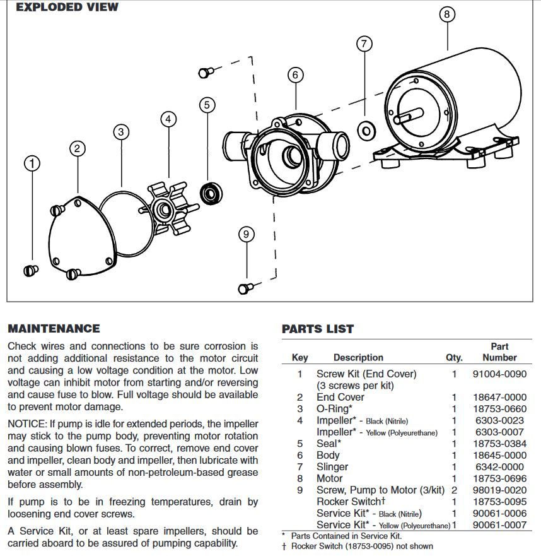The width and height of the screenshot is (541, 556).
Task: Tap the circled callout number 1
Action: click(32, 163)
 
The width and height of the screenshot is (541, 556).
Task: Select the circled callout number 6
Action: click(295, 74)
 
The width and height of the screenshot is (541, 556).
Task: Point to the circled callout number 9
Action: click(246, 235)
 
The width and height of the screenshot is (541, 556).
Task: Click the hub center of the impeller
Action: click(167, 208)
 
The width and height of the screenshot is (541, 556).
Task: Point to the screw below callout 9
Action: click(245, 288)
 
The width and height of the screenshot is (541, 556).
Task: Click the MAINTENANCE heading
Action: click(54, 329)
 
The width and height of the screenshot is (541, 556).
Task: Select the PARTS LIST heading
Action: click(318, 329)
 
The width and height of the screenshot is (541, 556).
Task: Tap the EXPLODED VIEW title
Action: click(67, 8)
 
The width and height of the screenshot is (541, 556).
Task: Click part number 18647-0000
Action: click(499, 397)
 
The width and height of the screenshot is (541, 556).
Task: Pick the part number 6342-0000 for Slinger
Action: click(499, 466)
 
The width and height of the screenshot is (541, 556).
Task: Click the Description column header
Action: click(358, 357)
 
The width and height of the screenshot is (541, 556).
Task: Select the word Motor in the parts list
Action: click(329, 478)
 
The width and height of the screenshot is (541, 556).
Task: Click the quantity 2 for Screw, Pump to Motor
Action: click(454, 490)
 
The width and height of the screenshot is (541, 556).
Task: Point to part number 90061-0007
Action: click(499, 525)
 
